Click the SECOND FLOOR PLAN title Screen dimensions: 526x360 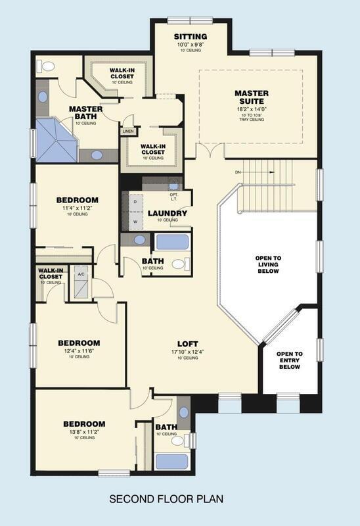coord(166,500)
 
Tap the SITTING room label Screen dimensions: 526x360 coord(191,36)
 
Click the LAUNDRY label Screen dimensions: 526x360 coord(168,213)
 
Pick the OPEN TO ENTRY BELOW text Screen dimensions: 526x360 coord(288,360)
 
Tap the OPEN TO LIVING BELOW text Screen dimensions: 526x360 coord(268,264)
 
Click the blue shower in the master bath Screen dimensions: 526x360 coord(56,140)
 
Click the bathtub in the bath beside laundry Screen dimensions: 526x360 coord(172,241)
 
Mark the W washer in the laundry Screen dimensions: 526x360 coord(135,222)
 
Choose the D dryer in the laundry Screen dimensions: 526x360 coord(135,203)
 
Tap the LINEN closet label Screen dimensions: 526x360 coord(127,131)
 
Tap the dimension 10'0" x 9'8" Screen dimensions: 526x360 coord(191,44)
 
